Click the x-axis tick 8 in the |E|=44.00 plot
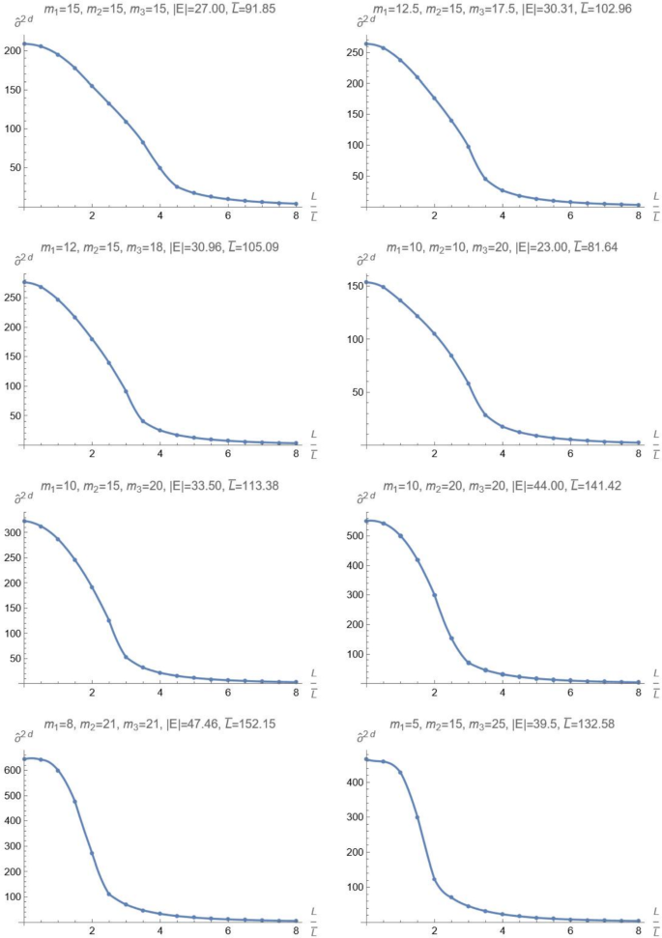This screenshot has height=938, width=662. point(638,694)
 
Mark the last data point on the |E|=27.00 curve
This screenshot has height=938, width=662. point(295,204)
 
